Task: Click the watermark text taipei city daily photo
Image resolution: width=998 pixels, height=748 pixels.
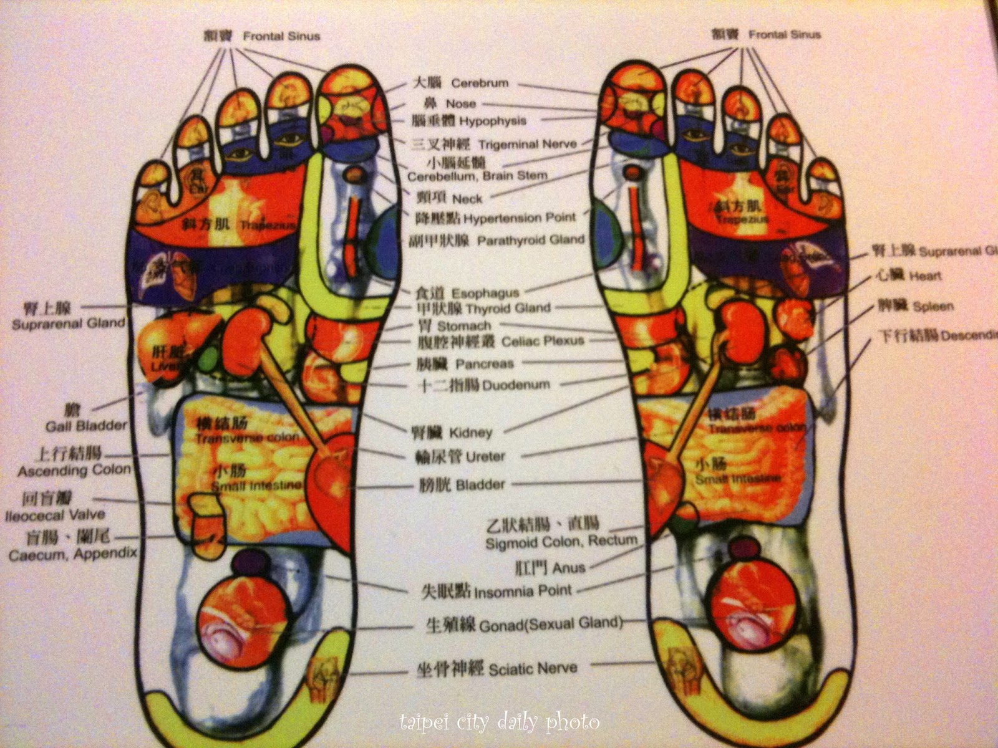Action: coord(499,723)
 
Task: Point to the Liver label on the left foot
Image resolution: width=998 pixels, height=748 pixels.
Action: coord(163,360)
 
